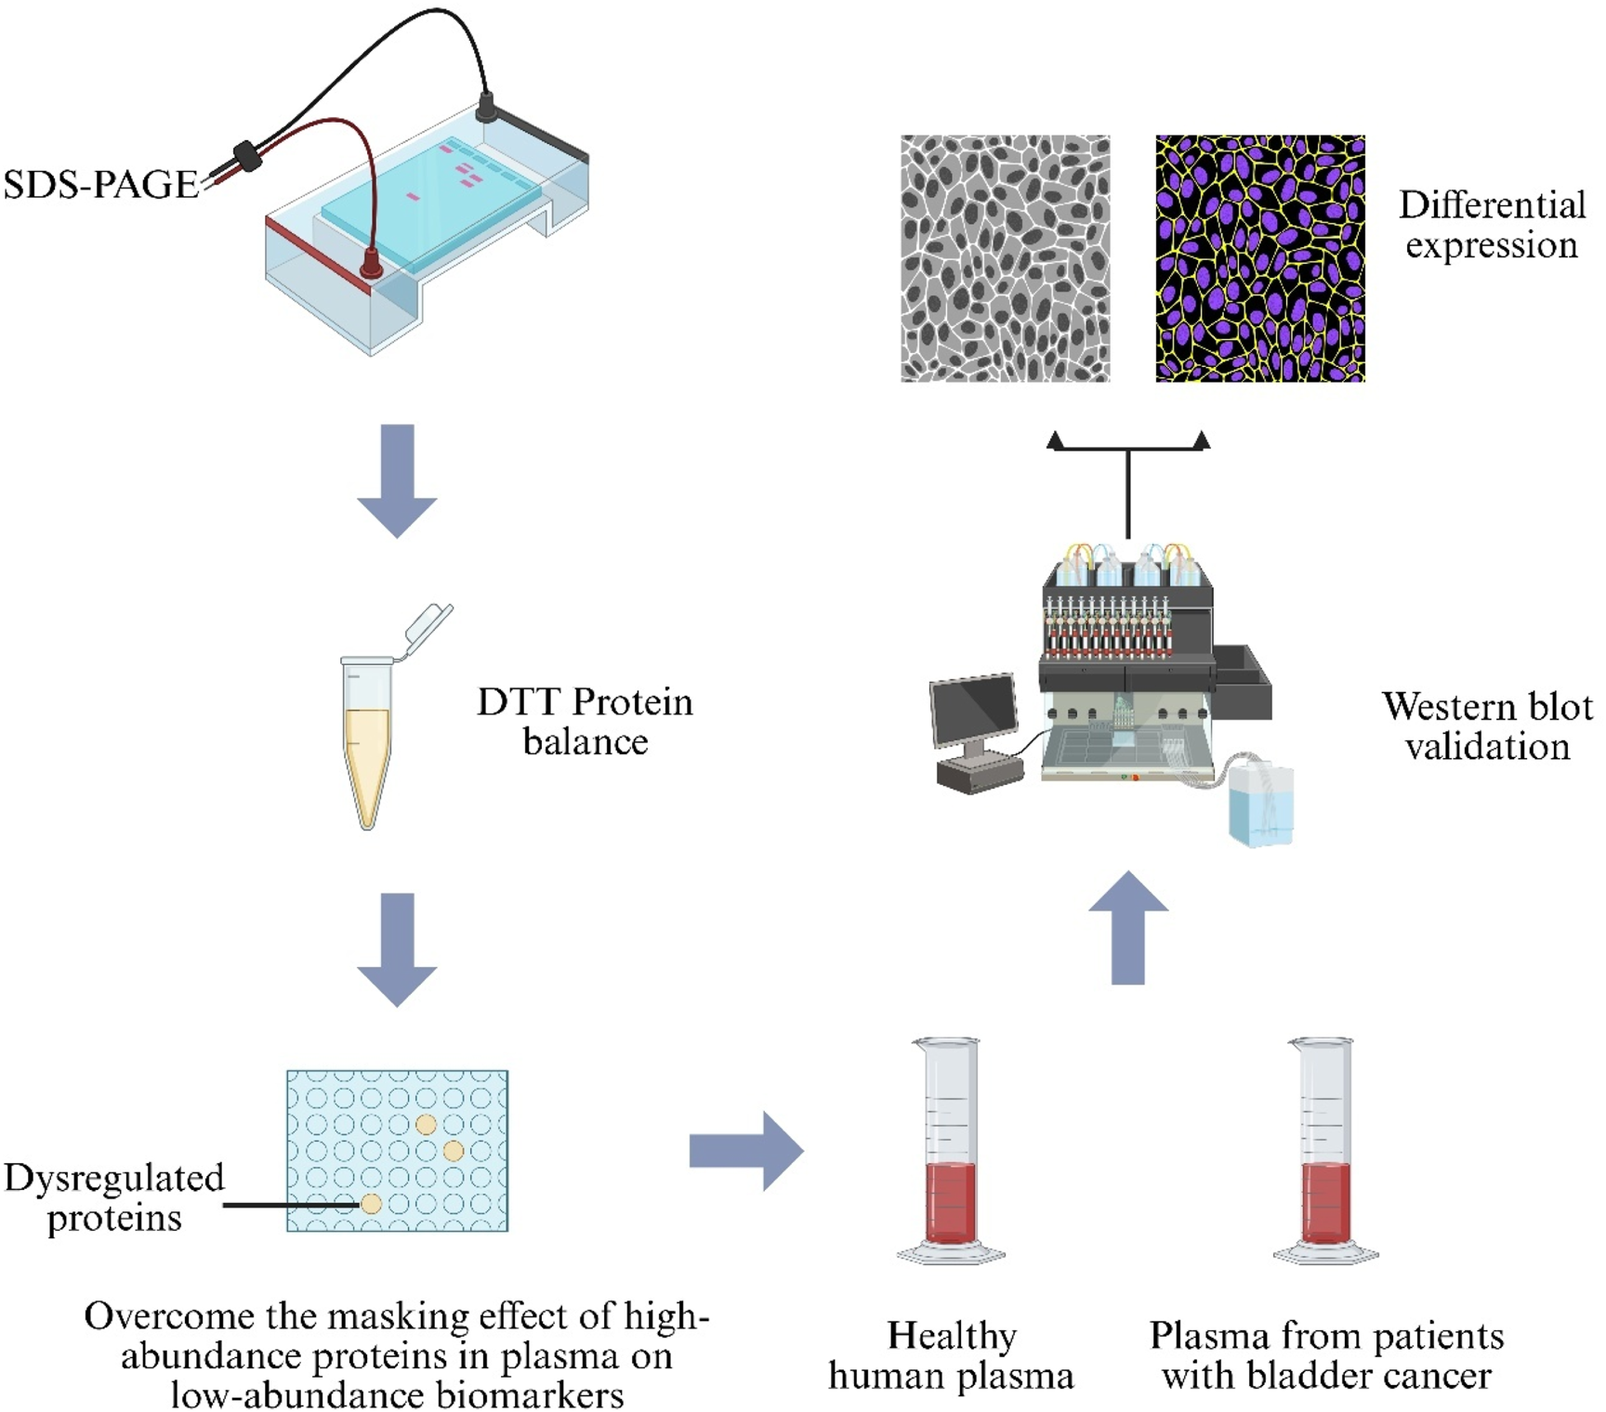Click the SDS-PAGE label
click(100, 184)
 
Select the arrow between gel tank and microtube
click(397, 481)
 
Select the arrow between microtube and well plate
click(397, 949)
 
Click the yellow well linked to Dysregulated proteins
click(371, 1204)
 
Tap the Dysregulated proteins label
click(113, 1197)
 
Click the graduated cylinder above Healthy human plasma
click(951, 1152)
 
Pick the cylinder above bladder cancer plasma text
click(1326, 1152)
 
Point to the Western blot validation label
click(1486, 726)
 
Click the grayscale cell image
click(1005, 258)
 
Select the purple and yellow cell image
click(1259, 258)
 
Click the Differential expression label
click(1491, 225)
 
